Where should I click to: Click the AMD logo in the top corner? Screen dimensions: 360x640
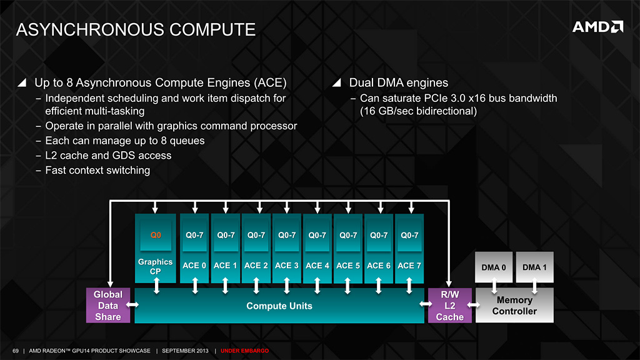(x=597, y=27)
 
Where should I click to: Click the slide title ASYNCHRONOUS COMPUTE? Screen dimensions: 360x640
(x=135, y=29)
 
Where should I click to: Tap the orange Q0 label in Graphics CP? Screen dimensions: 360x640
(x=156, y=236)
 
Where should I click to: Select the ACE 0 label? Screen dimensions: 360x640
(x=194, y=266)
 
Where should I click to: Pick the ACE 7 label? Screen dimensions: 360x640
(x=409, y=266)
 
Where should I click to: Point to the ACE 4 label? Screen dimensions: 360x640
(x=317, y=266)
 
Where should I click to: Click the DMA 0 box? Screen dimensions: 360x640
(x=494, y=267)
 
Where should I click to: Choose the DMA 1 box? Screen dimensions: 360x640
(x=534, y=267)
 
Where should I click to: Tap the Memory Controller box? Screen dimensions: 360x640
(x=514, y=306)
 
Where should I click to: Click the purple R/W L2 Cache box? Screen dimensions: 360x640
(x=450, y=306)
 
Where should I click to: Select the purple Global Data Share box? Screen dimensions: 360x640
(x=108, y=306)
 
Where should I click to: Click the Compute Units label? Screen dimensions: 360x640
(x=279, y=306)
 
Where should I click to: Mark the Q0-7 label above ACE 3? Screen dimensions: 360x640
(x=287, y=236)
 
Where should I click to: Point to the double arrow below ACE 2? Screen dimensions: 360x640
(x=256, y=286)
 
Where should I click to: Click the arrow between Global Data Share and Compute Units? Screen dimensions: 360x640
(x=132, y=306)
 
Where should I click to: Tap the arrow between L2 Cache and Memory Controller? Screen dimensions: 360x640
(x=473, y=306)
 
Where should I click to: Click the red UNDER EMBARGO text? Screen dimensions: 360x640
(x=245, y=351)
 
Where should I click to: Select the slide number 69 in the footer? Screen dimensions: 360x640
(x=16, y=351)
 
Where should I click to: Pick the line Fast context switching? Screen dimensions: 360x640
(x=97, y=170)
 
